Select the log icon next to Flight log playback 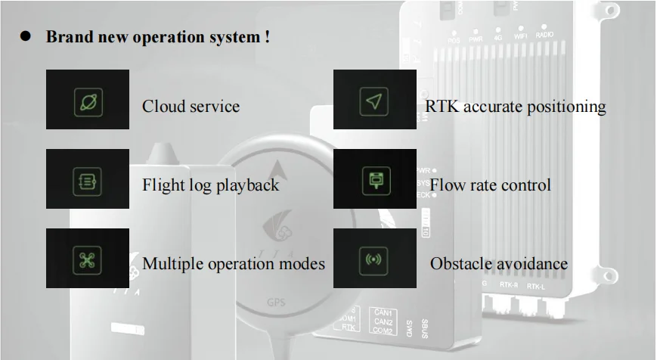[88, 181]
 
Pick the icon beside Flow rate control [374, 181]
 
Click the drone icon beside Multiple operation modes [88, 259]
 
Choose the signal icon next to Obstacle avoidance [374, 259]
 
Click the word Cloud [163, 106]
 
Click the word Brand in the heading [68, 36]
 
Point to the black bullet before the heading [24, 36]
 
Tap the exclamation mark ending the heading [268, 36]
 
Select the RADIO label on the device [544, 36]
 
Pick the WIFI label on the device [520, 36]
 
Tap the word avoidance [532, 264]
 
